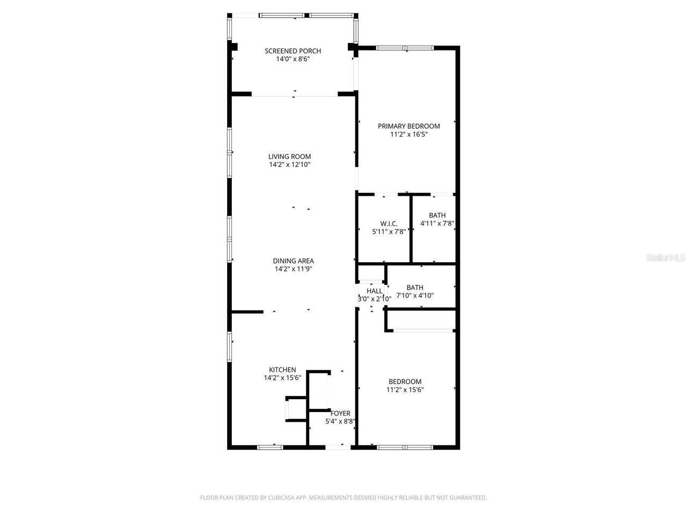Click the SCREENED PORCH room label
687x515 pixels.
293,51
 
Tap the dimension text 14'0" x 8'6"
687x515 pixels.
293,59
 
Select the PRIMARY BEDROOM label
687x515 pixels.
408,126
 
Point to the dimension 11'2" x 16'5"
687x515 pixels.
408,135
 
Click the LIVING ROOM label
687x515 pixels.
289,157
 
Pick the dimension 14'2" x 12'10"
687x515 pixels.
289,165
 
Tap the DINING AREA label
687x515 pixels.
293,261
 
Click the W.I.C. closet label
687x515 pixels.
389,224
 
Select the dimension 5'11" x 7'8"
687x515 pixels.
389,232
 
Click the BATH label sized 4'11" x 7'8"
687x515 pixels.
437,215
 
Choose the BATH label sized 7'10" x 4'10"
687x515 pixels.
414,288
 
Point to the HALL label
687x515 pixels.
374,291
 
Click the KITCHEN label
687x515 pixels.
282,370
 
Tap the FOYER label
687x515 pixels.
340,414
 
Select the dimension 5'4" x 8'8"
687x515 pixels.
340,422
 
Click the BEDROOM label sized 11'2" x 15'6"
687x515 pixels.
405,382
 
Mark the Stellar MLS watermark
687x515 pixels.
666,258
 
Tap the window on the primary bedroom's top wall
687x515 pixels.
405,48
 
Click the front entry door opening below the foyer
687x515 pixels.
337,446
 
